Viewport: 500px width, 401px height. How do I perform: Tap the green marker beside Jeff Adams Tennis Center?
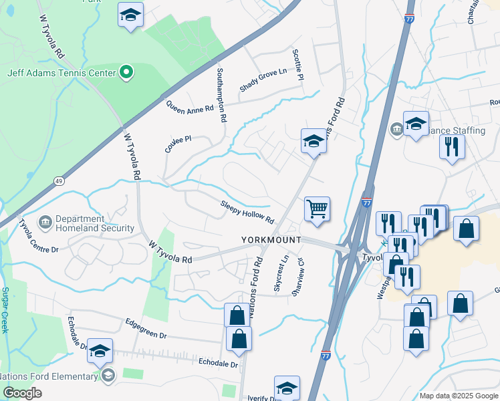click(125, 72)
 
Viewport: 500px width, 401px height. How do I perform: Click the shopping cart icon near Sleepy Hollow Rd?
click(317, 209)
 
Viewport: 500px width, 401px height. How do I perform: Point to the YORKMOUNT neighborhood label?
click(271, 239)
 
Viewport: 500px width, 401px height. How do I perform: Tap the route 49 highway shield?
click(59, 180)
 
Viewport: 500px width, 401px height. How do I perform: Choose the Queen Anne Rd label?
click(190, 106)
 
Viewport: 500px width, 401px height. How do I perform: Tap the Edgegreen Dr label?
click(145, 328)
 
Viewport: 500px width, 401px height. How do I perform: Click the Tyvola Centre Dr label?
click(39, 236)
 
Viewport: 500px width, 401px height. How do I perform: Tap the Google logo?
click(22, 393)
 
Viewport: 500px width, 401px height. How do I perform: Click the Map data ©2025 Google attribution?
click(458, 396)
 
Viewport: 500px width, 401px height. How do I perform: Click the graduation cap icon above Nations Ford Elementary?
click(100, 351)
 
